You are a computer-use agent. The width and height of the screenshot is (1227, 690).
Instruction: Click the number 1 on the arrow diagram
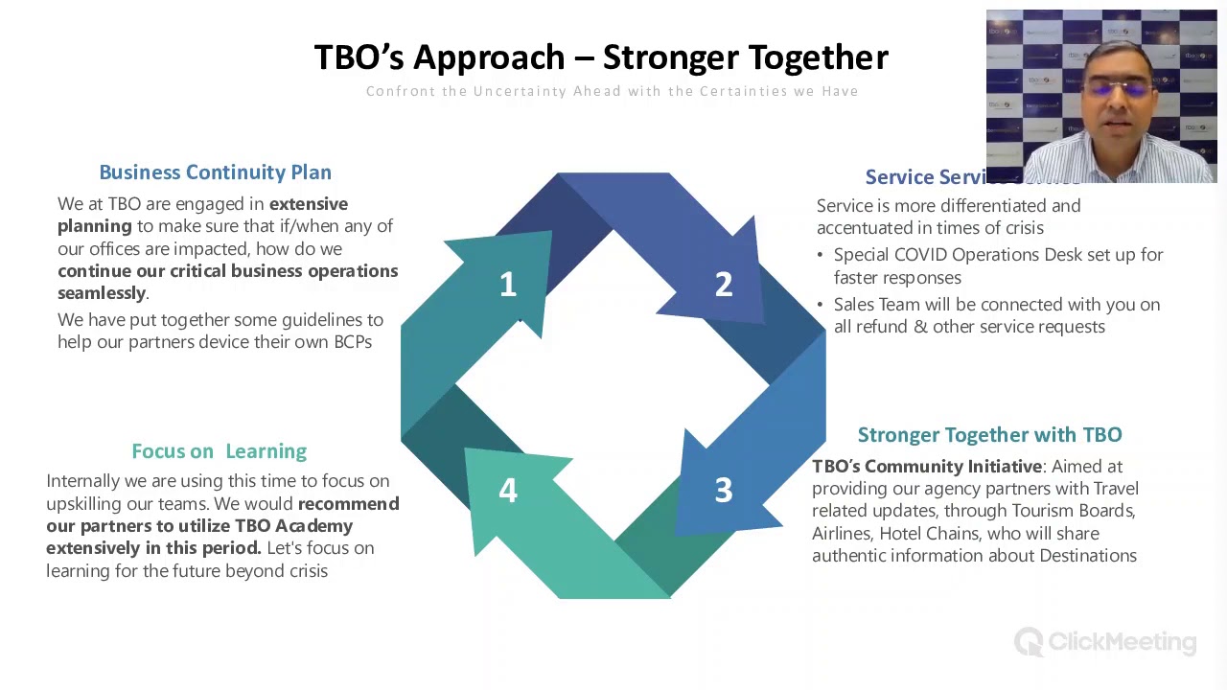pos(508,285)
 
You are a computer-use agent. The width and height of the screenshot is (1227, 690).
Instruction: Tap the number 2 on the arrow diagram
pos(724,285)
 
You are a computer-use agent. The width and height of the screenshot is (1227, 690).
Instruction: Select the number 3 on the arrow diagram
pos(724,491)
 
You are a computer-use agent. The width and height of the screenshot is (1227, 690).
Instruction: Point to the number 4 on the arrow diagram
pos(508,491)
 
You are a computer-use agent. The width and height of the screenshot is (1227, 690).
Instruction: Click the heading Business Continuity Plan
pos(215,172)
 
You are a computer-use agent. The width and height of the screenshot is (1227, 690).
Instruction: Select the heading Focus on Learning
pos(219,451)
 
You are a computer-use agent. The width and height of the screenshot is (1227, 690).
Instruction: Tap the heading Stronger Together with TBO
pos(989,435)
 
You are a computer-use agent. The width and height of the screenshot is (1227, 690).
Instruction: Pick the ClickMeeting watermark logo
pos(1105,642)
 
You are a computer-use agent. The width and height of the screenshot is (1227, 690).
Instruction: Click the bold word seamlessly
pos(102,293)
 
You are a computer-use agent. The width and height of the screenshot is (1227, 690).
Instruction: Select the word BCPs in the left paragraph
pos(352,342)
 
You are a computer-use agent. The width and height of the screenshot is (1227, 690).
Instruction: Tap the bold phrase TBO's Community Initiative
pos(926,467)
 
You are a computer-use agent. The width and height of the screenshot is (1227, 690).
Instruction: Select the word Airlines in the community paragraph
pos(841,534)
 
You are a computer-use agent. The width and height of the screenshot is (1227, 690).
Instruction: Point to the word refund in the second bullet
pos(880,327)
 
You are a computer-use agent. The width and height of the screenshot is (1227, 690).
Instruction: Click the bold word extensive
pos(308,204)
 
